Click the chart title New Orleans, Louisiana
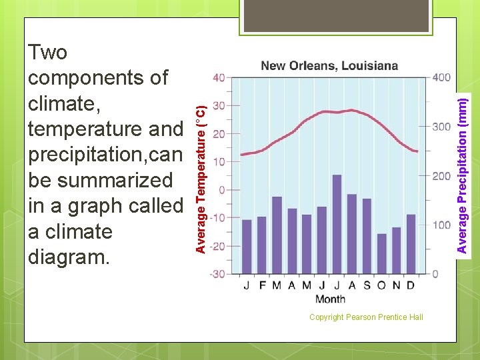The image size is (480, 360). [329, 65]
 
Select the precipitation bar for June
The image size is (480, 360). [321, 240]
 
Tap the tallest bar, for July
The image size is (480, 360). [337, 224]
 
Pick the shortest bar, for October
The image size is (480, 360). [381, 253]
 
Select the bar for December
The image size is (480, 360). [411, 244]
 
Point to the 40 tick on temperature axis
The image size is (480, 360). [219, 77]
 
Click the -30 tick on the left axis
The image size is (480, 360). [217, 274]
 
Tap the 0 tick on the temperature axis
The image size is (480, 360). [221, 190]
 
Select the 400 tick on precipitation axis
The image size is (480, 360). [441, 77]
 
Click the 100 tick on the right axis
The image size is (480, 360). [441, 225]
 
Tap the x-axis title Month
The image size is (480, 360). [330, 299]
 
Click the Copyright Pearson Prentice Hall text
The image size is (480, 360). [366, 317]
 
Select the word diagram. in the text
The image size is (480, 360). [68, 257]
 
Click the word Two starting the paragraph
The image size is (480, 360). [48, 52]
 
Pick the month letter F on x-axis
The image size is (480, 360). [262, 285]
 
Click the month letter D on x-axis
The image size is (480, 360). [411, 285]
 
